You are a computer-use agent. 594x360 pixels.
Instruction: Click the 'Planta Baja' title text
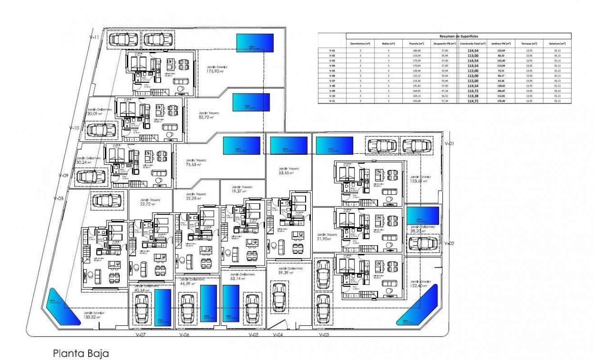81,352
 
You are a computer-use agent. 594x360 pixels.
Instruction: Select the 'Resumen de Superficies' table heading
459,36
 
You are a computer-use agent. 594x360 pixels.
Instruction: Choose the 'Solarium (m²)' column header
557,43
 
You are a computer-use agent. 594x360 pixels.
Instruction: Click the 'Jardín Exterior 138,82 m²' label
94,315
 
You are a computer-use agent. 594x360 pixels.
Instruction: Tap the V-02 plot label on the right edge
449,243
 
